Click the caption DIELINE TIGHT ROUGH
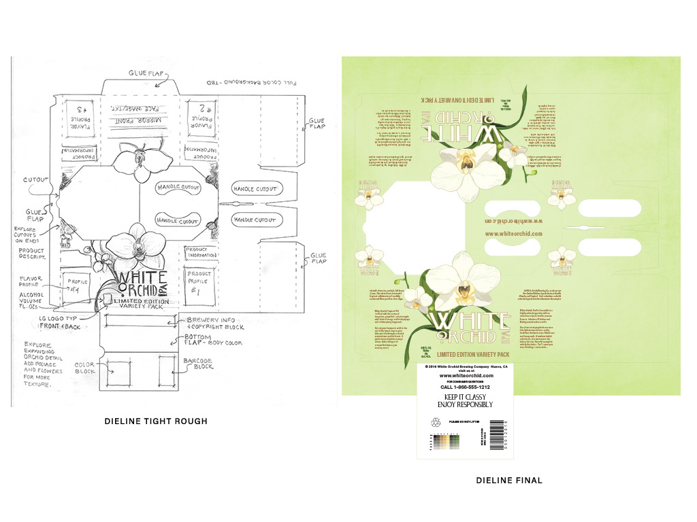[x=156, y=421]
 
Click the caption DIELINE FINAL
[x=509, y=481]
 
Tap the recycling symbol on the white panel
[x=435, y=423]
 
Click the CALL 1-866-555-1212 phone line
[x=466, y=386]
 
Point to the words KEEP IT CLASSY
[x=466, y=396]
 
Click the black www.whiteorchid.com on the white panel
[x=466, y=375]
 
